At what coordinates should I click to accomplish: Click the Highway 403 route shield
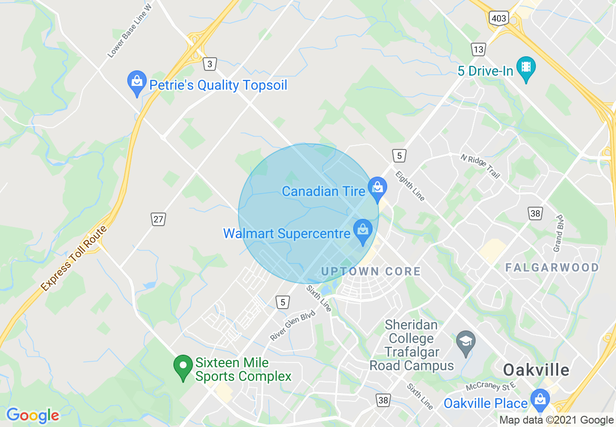pyautogui.click(x=499, y=19)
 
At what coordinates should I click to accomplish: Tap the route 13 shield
pyautogui.click(x=478, y=49)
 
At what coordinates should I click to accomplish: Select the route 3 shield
pyautogui.click(x=209, y=64)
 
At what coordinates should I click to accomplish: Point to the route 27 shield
pyautogui.click(x=158, y=219)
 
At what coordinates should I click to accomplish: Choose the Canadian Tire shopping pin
pyautogui.click(x=377, y=189)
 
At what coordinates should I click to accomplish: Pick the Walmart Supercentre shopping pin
pyautogui.click(x=362, y=231)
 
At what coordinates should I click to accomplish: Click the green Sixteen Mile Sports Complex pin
pyautogui.click(x=183, y=367)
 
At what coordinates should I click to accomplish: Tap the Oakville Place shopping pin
pyautogui.click(x=540, y=400)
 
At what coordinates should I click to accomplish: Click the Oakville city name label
pyautogui.click(x=536, y=370)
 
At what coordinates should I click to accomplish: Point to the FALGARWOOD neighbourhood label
pyautogui.click(x=552, y=267)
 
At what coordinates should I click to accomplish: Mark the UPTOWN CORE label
pyautogui.click(x=371, y=271)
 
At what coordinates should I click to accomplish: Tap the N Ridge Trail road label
pyautogui.click(x=480, y=166)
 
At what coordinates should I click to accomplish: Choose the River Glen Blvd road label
pyautogui.click(x=293, y=325)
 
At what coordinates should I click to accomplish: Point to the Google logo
pyautogui.click(x=33, y=415)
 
